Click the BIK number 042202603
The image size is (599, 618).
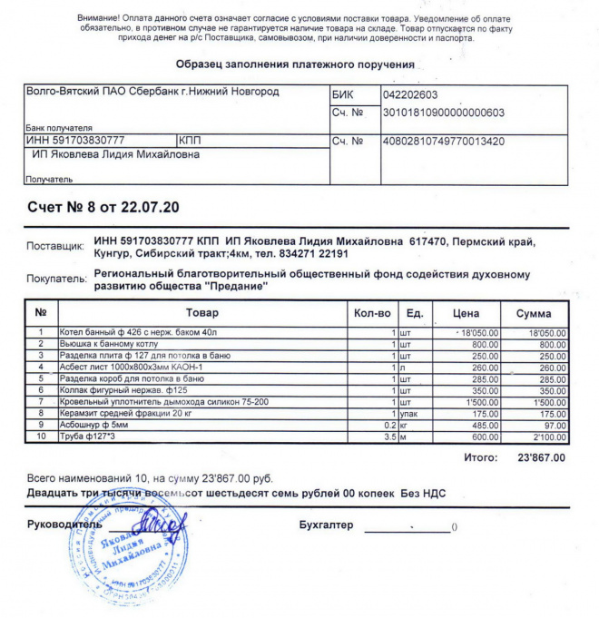pyautogui.click(x=411, y=94)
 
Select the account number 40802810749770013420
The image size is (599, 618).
pyautogui.click(x=444, y=142)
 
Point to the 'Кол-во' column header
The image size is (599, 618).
pyautogui.click(x=372, y=313)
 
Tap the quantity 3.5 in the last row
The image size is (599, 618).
pyautogui.click(x=389, y=437)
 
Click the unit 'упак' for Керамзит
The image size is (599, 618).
pyautogui.click(x=409, y=413)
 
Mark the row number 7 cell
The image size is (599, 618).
pyautogui.click(x=41, y=401)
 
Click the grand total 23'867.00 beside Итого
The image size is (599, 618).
pyautogui.click(x=541, y=457)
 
